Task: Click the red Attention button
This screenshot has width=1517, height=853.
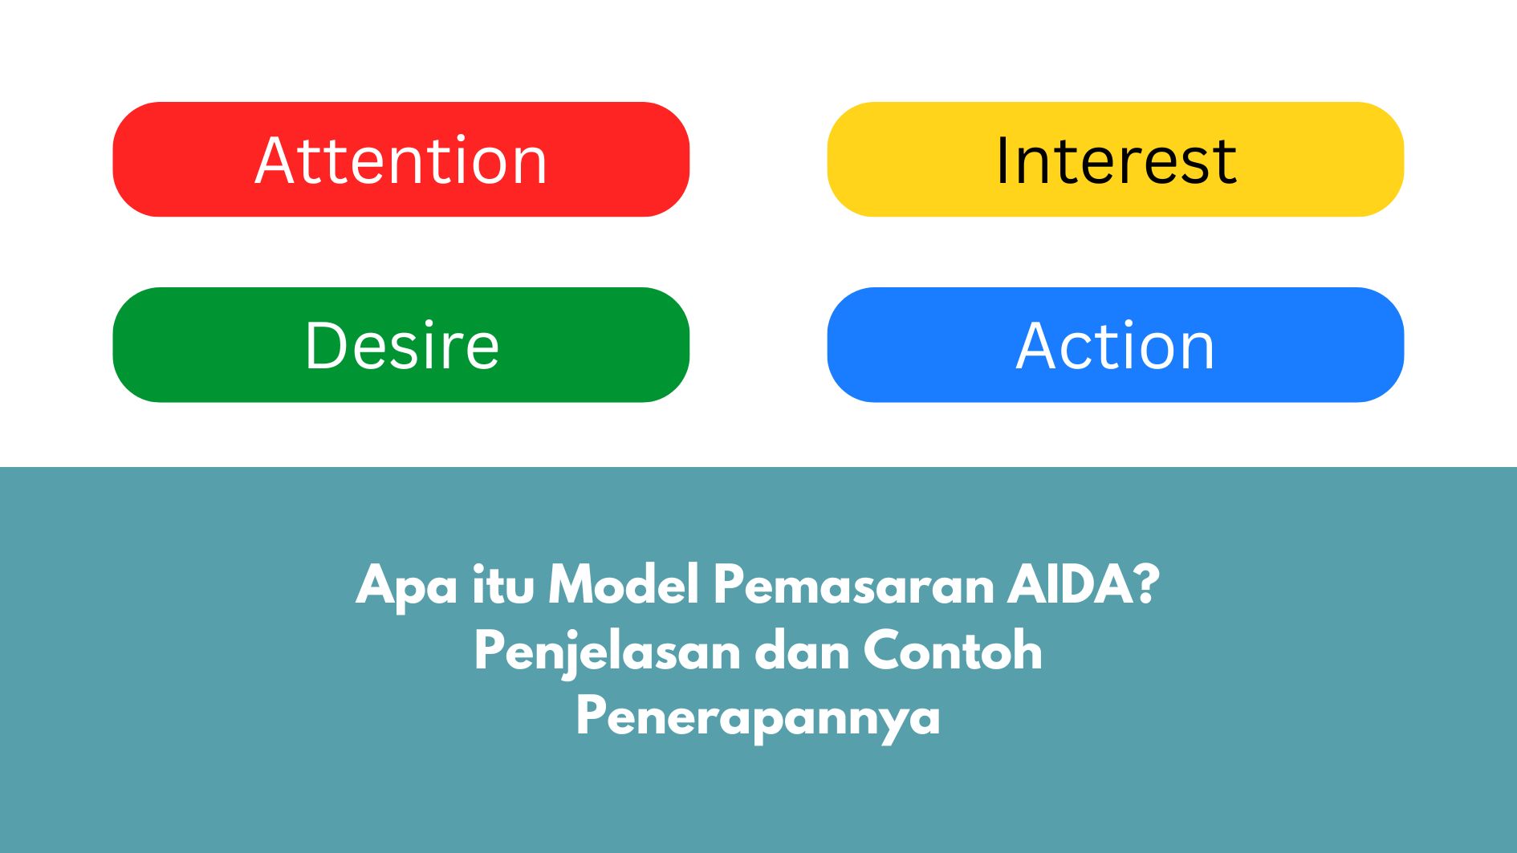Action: coord(401,159)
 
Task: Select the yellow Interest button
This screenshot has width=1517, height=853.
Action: coord(1116,159)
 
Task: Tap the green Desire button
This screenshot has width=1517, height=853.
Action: coord(401,344)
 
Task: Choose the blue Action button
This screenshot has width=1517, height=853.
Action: coord(1116,344)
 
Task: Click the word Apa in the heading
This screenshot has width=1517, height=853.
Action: coord(407,587)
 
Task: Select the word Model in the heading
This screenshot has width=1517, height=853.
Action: coord(624,584)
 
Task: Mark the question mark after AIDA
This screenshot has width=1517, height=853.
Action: coord(1143,584)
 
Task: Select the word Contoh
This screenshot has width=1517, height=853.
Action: coord(954,650)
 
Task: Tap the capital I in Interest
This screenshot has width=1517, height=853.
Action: coord(1003,160)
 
